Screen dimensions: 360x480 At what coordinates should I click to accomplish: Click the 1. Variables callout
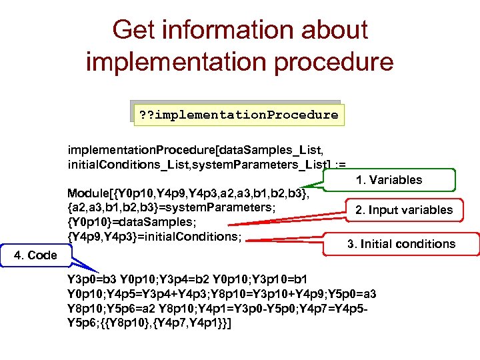click(x=389, y=180)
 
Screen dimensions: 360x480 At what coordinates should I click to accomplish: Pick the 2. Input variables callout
click(x=403, y=210)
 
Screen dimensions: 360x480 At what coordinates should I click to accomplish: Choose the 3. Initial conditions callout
click(x=401, y=244)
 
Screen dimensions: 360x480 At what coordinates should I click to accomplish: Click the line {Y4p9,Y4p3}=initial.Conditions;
click(x=154, y=236)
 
